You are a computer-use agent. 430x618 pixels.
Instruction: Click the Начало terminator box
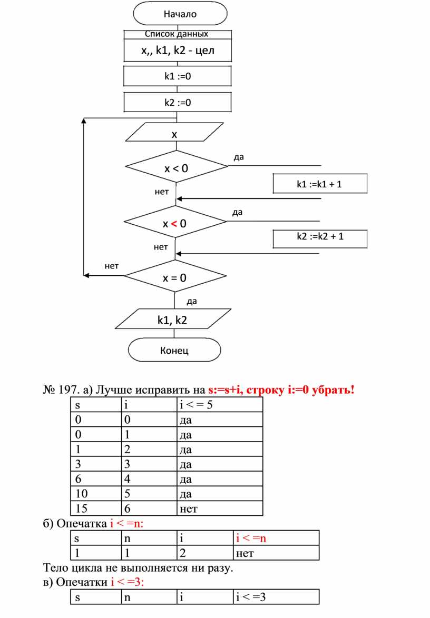pyautogui.click(x=180, y=13)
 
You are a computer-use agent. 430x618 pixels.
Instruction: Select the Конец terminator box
pyautogui.click(x=174, y=350)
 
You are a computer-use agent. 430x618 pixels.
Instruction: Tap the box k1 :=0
pyautogui.click(x=177, y=76)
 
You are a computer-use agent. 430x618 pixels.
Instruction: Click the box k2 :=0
pyautogui.click(x=177, y=103)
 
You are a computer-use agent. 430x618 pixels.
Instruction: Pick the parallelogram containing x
pyautogui.click(x=174, y=134)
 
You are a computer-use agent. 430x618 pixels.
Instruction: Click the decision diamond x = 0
pyautogui.click(x=175, y=278)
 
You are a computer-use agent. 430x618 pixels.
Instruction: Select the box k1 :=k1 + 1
pyautogui.click(x=319, y=184)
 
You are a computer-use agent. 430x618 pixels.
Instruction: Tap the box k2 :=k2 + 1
pyautogui.click(x=319, y=236)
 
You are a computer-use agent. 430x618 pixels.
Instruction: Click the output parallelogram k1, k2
pyautogui.click(x=172, y=320)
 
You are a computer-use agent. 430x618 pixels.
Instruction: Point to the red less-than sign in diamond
pyautogui.click(x=173, y=224)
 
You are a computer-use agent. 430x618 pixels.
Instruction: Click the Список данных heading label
pyautogui.click(x=177, y=34)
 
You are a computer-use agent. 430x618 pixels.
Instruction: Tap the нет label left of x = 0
pyautogui.click(x=111, y=266)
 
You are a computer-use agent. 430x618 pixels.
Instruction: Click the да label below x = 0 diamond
pyautogui.click(x=192, y=302)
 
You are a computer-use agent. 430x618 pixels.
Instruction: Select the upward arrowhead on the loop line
pyautogui.click(x=84, y=121)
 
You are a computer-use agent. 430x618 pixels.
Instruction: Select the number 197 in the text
pyautogui.click(x=69, y=390)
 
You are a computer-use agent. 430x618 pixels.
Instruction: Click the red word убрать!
pyautogui.click(x=333, y=390)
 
